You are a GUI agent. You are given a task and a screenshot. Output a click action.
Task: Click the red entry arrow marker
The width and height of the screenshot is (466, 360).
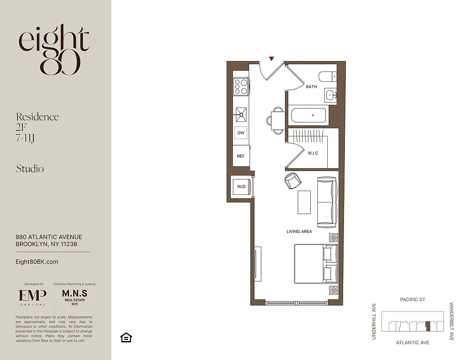271,58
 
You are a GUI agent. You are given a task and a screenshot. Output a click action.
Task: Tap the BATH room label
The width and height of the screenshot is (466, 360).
312,86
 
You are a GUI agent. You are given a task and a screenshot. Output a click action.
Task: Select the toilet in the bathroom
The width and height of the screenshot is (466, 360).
327,76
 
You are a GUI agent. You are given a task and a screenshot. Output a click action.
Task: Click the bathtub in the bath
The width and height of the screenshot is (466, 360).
308,115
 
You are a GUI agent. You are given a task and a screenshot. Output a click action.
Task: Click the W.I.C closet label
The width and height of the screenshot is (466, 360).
312,153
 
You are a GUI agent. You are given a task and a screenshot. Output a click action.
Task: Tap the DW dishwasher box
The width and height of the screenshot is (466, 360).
241,133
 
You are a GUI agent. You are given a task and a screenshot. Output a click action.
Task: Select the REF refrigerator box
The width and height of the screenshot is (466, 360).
241,156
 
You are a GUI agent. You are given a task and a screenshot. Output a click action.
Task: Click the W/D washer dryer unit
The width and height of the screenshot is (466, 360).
241,186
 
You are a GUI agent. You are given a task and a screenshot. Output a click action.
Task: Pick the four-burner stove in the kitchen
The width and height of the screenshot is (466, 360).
241,86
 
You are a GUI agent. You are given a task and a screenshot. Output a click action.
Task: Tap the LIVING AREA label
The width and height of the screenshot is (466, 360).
299,232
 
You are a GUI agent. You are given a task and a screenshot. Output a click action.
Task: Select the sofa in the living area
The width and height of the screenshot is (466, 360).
327,201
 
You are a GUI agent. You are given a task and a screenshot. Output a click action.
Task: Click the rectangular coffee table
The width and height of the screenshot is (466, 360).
304,202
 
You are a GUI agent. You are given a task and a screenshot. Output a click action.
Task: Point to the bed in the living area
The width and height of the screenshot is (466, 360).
315,264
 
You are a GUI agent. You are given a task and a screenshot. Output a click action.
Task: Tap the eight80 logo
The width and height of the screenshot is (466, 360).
54,49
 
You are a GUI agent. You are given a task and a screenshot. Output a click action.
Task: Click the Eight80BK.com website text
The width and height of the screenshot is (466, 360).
37,261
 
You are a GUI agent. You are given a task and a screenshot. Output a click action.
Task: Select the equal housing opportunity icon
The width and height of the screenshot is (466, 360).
126,337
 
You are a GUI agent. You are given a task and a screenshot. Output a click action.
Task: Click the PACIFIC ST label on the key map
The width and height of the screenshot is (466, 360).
412,300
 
